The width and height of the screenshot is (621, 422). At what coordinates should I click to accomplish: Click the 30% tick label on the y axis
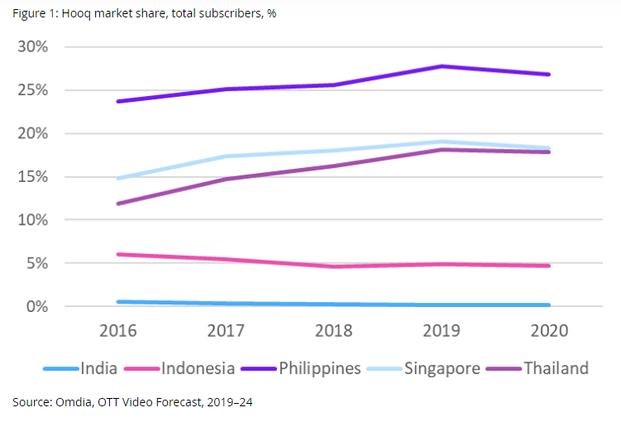(x=33, y=46)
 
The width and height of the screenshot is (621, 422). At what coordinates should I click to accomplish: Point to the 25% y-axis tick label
(x=33, y=89)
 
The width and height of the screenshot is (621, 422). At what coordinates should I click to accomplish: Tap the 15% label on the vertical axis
(x=33, y=176)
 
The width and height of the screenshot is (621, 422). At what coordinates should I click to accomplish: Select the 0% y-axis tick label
(x=37, y=306)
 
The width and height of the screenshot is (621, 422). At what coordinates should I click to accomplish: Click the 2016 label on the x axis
(x=119, y=331)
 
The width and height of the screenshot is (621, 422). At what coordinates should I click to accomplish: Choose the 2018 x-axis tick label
(x=334, y=331)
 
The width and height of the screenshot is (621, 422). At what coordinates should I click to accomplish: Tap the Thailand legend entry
(x=556, y=368)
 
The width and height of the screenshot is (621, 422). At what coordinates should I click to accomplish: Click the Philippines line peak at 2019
(x=442, y=66)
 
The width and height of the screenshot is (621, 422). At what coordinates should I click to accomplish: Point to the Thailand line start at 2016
(x=119, y=203)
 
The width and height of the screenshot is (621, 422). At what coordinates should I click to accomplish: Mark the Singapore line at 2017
(x=227, y=156)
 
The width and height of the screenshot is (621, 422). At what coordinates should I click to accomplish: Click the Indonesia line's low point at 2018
(x=334, y=266)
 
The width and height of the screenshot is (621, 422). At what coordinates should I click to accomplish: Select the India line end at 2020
(x=548, y=305)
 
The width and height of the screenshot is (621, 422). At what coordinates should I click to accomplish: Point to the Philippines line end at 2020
(x=548, y=74)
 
